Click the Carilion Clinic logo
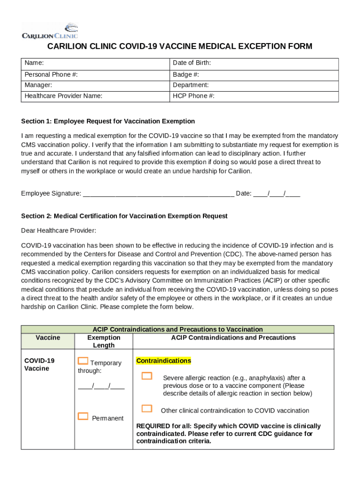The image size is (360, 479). point(50,31)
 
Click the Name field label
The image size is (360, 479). point(34,63)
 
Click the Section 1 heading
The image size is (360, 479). point(108,121)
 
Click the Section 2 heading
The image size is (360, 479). point(124,216)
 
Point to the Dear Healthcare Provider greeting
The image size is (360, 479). point(59,230)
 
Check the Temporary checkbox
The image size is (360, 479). point(83,361)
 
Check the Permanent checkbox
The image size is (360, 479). point(83,416)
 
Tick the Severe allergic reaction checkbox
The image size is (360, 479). point(147,376)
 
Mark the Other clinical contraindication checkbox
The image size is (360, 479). point(147,408)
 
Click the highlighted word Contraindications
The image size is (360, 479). point(164,361)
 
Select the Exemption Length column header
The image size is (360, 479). point(104,341)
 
